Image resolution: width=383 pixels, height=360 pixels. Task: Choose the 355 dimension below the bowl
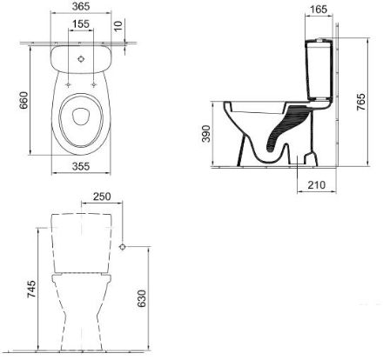pyautogui.click(x=80, y=166)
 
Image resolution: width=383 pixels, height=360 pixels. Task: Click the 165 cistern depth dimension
pyautogui.click(x=319, y=11)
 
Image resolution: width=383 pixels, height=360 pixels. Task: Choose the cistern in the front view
pyautogui.click(x=80, y=239)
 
